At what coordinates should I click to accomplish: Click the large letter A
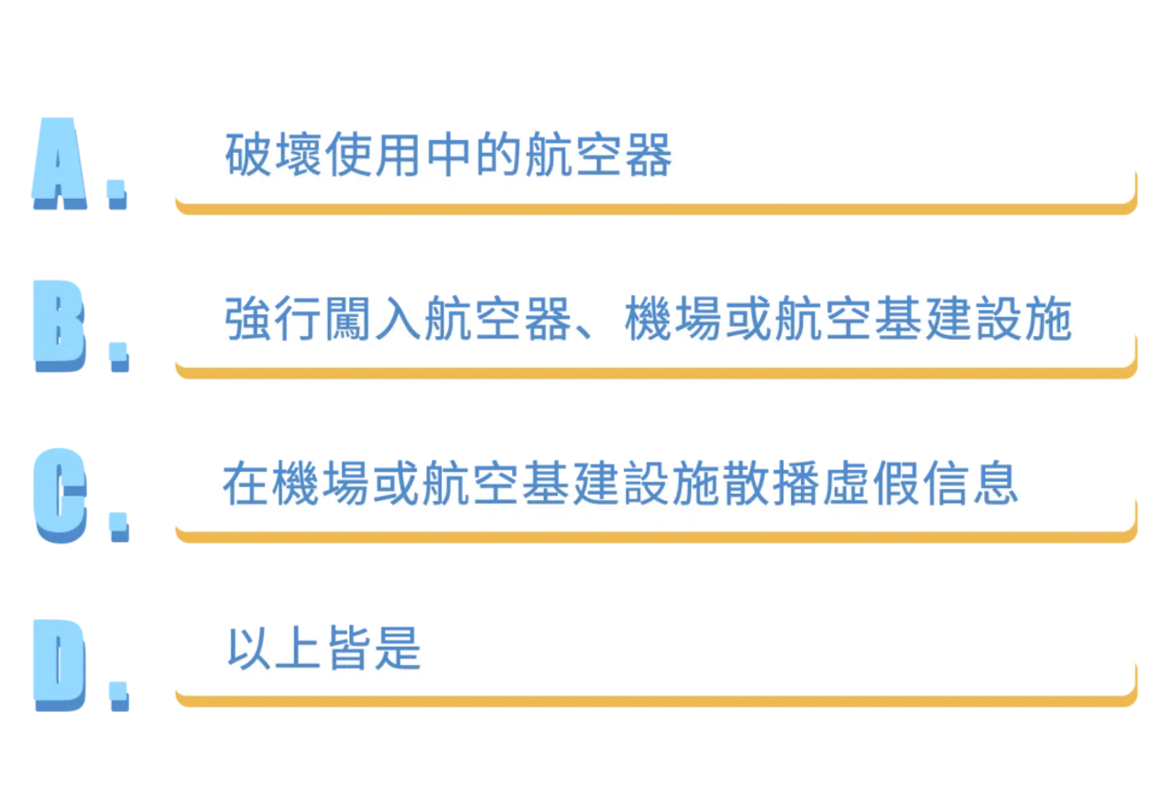click(60, 163)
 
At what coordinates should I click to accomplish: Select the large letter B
click(60, 326)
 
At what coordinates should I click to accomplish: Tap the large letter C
click(60, 496)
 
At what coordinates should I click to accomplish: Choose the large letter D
click(60, 665)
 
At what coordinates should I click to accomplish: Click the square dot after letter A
click(117, 194)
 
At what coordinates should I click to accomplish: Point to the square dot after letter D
click(119, 696)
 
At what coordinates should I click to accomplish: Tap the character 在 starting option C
click(246, 483)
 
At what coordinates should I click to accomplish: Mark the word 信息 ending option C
click(971, 483)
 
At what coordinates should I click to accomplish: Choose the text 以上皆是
click(323, 648)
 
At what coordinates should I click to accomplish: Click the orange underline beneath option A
click(656, 208)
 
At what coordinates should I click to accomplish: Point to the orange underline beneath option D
click(656, 701)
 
